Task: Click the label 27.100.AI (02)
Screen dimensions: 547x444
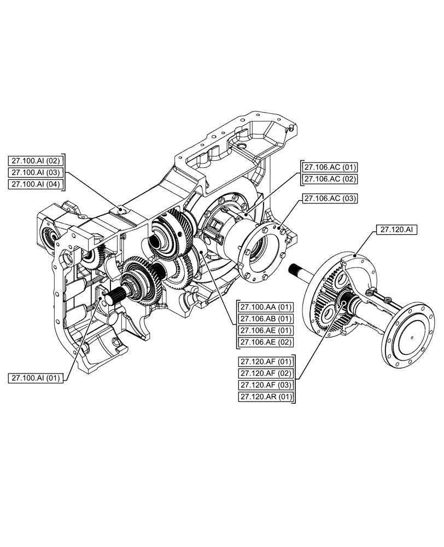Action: pos(37,160)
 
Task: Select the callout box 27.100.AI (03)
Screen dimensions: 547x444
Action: pos(37,172)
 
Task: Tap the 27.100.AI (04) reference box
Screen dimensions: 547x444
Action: pos(37,184)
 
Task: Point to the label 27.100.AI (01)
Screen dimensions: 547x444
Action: pos(37,377)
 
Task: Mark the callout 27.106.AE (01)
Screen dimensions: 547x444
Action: pos(265,330)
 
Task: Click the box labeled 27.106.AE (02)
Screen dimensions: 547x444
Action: pos(265,342)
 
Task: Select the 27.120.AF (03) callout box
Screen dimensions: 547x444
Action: pos(266,385)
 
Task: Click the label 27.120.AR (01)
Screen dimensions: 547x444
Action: pos(266,397)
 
